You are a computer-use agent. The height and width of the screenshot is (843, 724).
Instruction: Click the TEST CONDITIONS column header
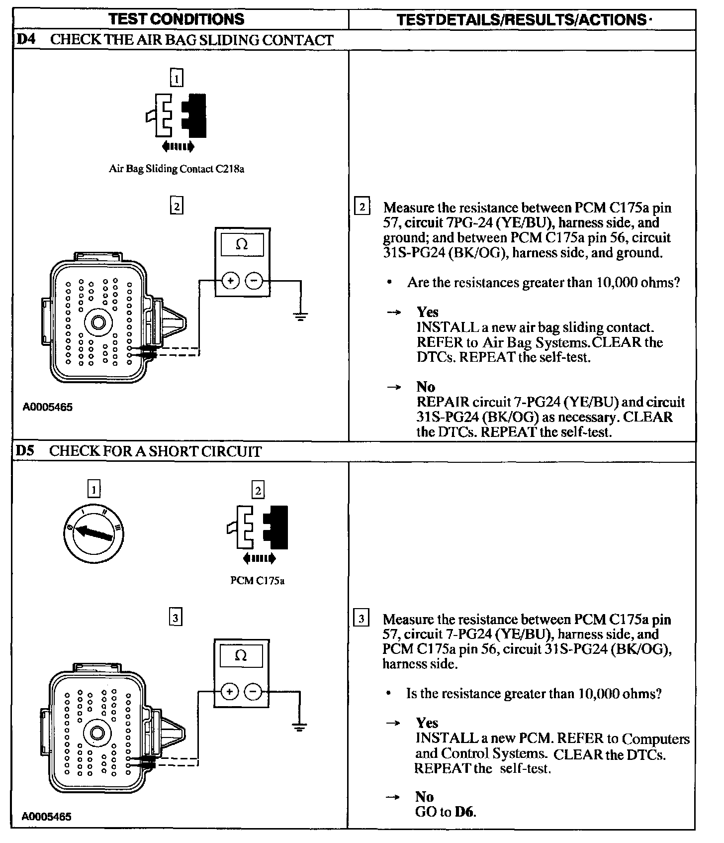click(177, 19)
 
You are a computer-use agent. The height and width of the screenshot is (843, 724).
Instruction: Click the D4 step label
click(26, 40)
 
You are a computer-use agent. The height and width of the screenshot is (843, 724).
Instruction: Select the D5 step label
click(25, 451)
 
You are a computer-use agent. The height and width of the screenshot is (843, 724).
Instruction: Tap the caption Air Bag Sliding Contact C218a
click(177, 169)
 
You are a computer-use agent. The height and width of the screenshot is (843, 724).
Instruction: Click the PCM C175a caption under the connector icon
click(258, 581)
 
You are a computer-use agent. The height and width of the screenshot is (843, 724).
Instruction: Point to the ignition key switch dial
click(93, 534)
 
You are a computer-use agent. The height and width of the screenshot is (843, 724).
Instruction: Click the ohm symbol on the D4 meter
click(242, 245)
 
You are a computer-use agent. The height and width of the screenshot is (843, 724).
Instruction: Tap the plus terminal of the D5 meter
click(229, 692)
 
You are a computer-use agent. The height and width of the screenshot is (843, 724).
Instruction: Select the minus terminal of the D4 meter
click(255, 281)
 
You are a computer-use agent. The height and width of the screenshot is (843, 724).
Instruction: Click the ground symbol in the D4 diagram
click(300, 316)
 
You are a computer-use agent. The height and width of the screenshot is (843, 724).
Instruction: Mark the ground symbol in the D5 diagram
click(299, 727)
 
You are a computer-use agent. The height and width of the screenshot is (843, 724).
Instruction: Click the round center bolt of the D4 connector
click(98, 323)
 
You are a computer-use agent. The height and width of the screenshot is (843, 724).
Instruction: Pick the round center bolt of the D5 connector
click(97, 734)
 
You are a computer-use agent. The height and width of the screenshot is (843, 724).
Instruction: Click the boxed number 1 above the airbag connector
click(177, 78)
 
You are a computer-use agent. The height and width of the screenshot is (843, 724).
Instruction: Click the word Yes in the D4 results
click(427, 312)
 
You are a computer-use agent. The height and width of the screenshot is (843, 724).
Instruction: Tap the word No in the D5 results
click(424, 797)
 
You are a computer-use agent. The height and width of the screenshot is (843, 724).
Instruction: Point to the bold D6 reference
click(465, 812)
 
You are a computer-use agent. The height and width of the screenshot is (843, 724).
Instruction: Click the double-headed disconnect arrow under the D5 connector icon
click(259, 559)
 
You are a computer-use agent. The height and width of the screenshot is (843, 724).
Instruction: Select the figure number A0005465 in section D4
click(47, 407)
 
